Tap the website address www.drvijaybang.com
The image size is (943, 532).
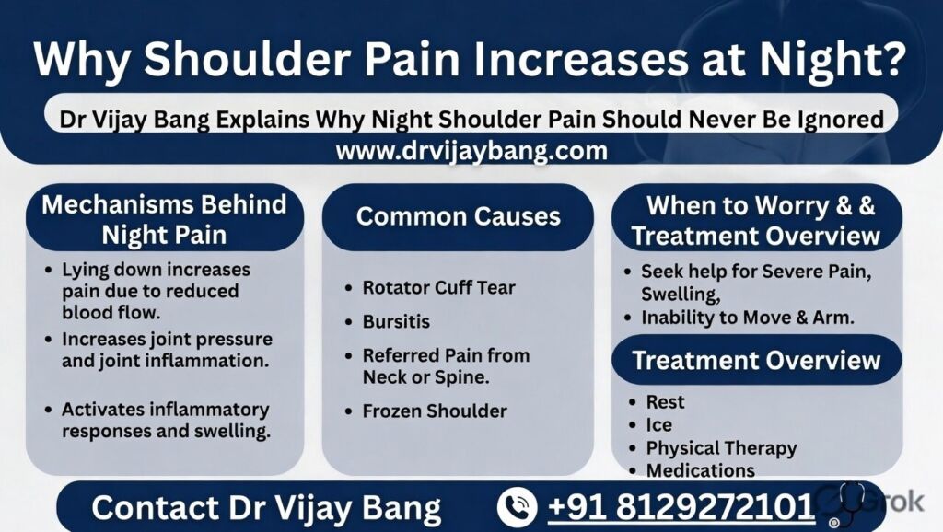point(471,151)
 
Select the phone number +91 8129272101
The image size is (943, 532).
point(681,507)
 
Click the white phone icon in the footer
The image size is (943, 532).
point(517,507)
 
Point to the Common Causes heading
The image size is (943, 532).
point(458,216)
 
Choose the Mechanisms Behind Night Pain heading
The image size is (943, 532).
point(164,219)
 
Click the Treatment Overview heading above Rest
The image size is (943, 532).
point(756,360)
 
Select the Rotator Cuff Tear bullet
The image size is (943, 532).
point(438,287)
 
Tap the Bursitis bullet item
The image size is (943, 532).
point(396,322)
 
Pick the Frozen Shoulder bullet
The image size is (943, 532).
point(434,411)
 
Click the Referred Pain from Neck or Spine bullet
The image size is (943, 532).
point(445,365)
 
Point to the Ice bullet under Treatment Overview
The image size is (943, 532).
point(658,425)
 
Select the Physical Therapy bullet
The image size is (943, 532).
point(720,448)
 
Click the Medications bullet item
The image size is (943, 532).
point(700,470)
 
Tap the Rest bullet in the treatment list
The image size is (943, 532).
point(665,402)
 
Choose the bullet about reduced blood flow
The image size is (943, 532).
point(155,291)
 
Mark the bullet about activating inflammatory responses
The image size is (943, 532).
point(165,420)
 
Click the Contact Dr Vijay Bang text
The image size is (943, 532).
point(266,508)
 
